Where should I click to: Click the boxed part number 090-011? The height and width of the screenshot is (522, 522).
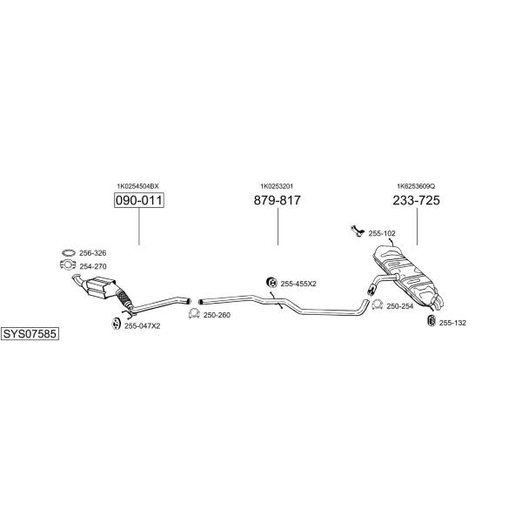(139, 200)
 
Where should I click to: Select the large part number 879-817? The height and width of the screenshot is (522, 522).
(277, 200)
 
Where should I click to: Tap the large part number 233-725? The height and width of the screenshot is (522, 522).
(416, 200)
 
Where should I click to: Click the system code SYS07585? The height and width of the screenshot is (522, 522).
(30, 333)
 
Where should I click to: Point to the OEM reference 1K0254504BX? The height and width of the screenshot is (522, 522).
(137, 186)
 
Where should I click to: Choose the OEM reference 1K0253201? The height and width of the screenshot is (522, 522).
(277, 186)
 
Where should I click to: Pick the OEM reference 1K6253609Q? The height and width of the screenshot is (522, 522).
(416, 186)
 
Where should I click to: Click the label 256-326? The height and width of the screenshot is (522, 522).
(92, 253)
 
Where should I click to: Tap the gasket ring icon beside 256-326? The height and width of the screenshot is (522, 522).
(69, 252)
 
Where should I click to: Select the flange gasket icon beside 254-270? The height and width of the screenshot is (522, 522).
(68, 264)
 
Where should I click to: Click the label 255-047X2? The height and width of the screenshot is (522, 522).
(142, 326)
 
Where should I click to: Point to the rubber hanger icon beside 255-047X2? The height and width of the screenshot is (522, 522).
(116, 324)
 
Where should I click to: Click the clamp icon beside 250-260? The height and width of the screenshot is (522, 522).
(194, 313)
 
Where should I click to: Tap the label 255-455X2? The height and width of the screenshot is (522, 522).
(298, 284)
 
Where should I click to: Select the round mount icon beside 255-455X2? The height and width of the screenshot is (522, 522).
(272, 282)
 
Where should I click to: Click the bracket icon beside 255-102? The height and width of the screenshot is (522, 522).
(357, 231)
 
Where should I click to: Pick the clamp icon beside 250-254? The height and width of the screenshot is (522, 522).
(378, 304)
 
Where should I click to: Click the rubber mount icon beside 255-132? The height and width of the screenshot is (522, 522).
(432, 320)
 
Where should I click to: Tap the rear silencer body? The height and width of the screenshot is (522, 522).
(405, 274)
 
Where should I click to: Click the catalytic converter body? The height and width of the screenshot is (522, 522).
(100, 287)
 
